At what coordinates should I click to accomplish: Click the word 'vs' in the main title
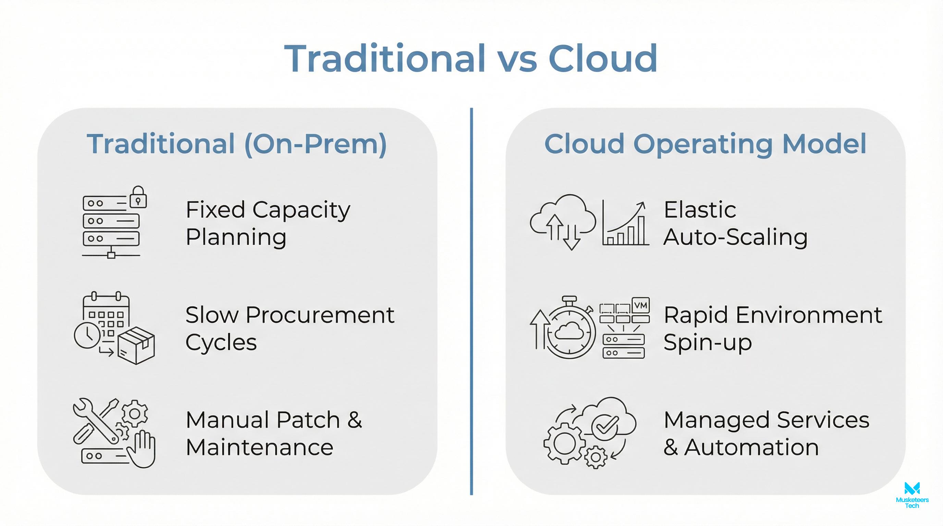[x=516, y=59]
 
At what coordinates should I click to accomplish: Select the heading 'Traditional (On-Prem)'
[x=237, y=144]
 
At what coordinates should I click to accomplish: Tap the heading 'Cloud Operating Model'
[x=705, y=144]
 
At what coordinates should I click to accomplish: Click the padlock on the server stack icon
[x=138, y=198]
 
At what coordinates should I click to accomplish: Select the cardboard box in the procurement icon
[x=136, y=345]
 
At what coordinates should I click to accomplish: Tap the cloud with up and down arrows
[x=563, y=220]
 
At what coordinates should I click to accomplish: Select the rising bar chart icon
[x=625, y=224]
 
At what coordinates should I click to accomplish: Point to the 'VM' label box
[x=641, y=305]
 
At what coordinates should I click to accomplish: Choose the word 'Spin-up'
[x=707, y=343]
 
